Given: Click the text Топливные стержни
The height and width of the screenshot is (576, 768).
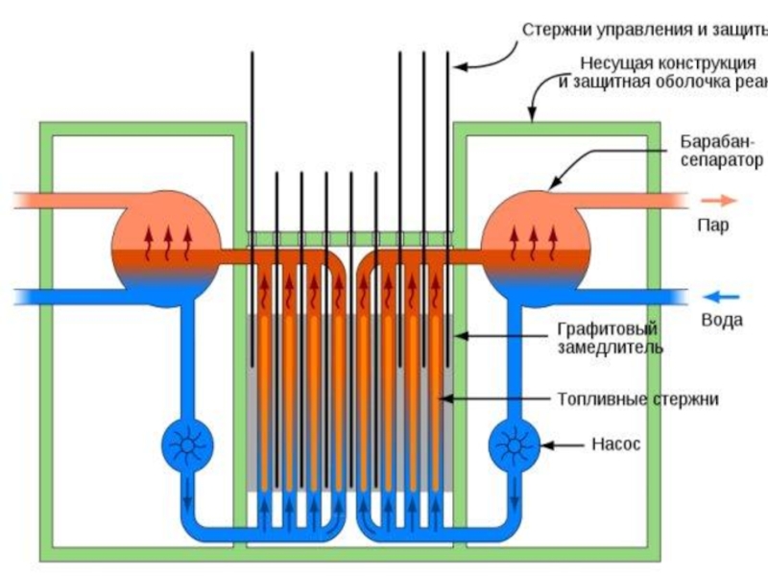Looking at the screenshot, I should tap(637, 397).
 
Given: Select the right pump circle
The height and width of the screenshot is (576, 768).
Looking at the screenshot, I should tap(516, 445).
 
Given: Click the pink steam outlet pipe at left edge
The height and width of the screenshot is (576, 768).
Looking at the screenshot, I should tap(38, 201).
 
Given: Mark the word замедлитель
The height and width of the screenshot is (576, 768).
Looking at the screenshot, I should tap(610, 348).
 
